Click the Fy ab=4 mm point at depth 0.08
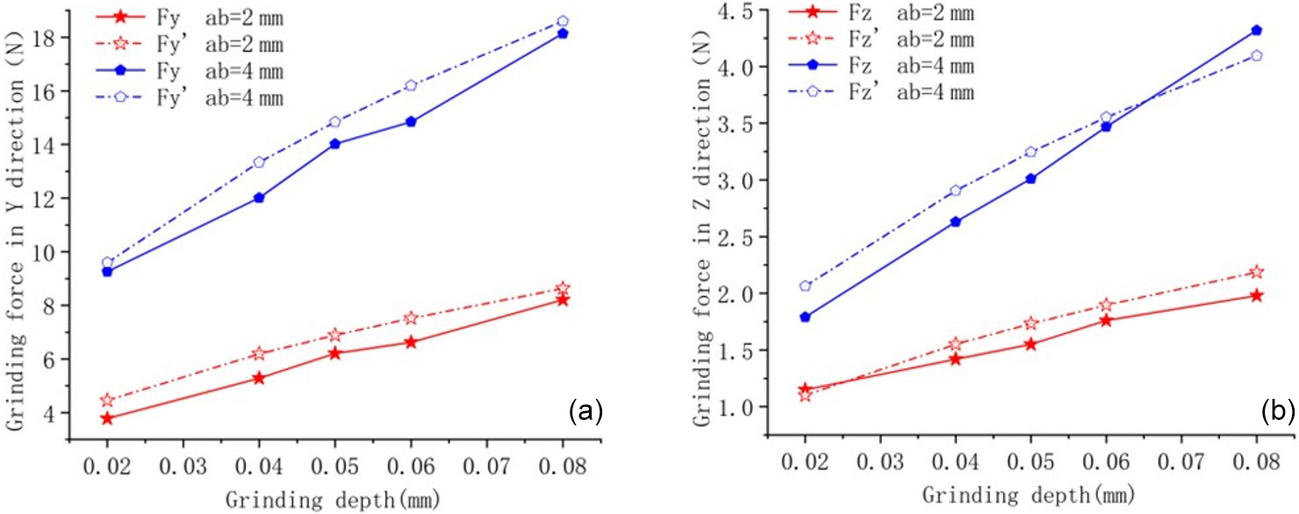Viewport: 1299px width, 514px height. point(563,33)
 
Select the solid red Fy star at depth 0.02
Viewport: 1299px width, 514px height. point(107,418)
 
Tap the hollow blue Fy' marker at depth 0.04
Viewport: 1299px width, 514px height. point(259,162)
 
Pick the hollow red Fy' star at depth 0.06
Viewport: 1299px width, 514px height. point(411,318)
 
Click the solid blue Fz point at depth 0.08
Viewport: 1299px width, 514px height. point(1257,30)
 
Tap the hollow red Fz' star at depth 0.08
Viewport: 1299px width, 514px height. point(1257,271)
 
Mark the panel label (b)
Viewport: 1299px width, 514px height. point(1278,409)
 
